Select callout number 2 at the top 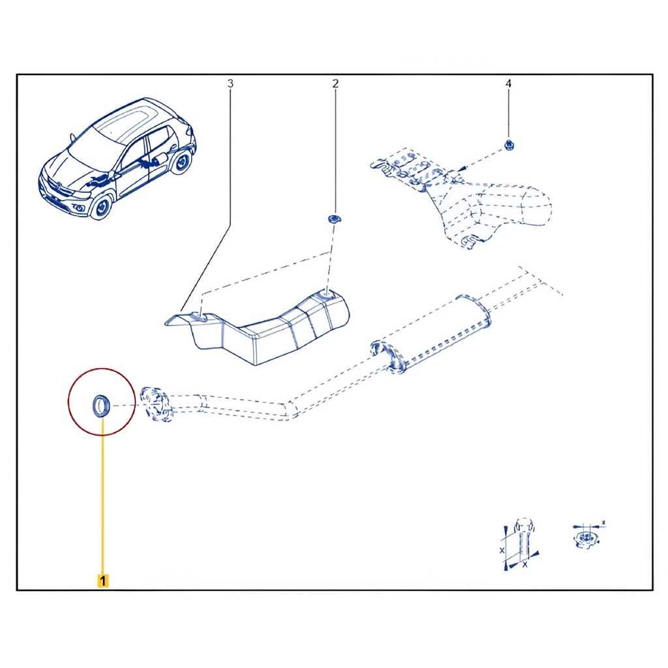tap(335, 83)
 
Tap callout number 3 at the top tap(230, 83)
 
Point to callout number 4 tap(508, 83)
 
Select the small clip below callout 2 tap(333, 219)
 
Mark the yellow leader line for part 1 tap(102, 496)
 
